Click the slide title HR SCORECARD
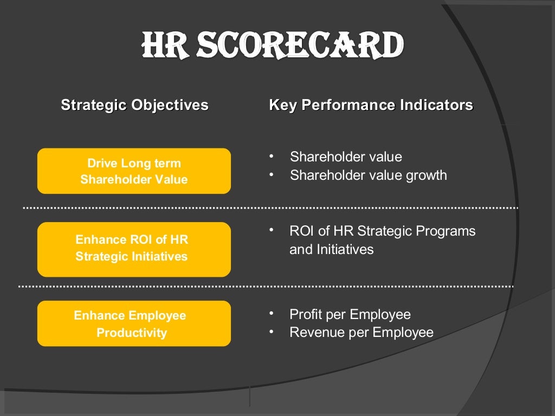[x=273, y=45]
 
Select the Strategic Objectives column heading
[x=134, y=105]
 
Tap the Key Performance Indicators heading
[x=371, y=105]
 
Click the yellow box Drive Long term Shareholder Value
[x=134, y=171]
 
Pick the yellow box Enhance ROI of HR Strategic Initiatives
[x=134, y=249]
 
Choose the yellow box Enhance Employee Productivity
[x=134, y=323]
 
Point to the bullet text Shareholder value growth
[x=368, y=175]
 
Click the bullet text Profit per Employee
[x=350, y=314]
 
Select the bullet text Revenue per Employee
[x=362, y=333]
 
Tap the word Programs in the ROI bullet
[x=448, y=231]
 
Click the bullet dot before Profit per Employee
[x=271, y=313]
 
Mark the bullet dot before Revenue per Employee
[x=271, y=331]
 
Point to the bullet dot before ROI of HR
[x=271, y=230]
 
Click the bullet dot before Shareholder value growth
[x=271, y=174]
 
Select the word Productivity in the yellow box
[x=132, y=333]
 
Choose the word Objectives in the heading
[x=170, y=105]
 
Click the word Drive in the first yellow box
[x=102, y=163]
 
